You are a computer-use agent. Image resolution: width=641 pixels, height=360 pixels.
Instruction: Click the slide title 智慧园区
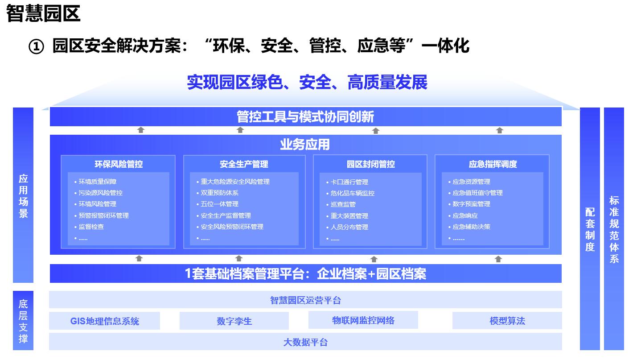[43, 13]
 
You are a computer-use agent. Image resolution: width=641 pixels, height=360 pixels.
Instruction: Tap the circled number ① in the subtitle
[37, 47]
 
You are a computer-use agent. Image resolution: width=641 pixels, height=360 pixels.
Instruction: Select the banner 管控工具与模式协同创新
[306, 117]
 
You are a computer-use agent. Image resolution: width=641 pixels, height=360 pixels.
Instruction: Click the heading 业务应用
[305, 145]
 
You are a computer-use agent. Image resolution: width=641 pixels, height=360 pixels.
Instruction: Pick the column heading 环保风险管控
[119, 164]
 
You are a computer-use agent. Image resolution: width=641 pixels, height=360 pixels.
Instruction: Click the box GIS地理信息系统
[104, 321]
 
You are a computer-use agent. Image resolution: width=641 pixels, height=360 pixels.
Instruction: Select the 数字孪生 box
[234, 321]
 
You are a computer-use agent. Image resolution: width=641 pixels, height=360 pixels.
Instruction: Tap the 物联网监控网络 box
[363, 320]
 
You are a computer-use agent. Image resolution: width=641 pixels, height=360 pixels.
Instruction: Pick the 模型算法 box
[507, 321]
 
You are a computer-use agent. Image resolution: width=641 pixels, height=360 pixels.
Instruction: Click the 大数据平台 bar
[305, 342]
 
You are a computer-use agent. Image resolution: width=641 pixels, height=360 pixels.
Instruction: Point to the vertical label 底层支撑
[23, 321]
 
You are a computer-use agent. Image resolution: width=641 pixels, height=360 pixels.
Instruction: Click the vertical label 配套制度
[590, 229]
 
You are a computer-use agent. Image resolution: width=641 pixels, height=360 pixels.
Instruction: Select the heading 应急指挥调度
[493, 164]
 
